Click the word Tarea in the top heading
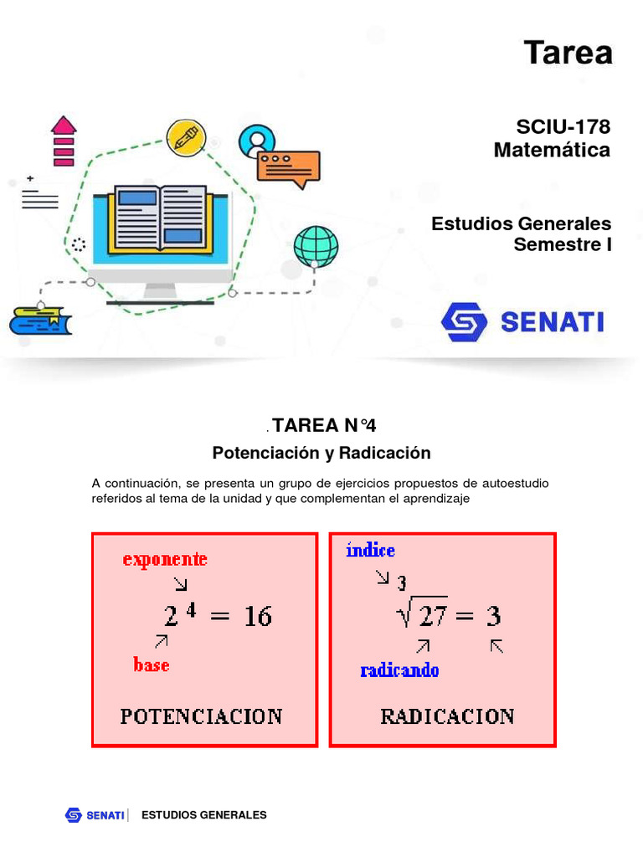[x=568, y=53]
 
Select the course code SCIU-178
[x=563, y=127]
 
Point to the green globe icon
[x=316, y=246]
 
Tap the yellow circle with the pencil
[x=186, y=136]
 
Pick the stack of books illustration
[x=40, y=321]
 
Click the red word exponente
[x=165, y=560]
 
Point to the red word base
[x=151, y=665]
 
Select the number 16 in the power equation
[x=257, y=617]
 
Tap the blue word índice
[x=370, y=551]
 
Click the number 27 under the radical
[x=433, y=617]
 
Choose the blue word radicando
[x=399, y=670]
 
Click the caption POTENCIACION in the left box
[x=201, y=716]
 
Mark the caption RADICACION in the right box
[x=447, y=716]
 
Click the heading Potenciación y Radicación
[x=321, y=453]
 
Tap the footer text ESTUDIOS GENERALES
[x=204, y=814]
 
